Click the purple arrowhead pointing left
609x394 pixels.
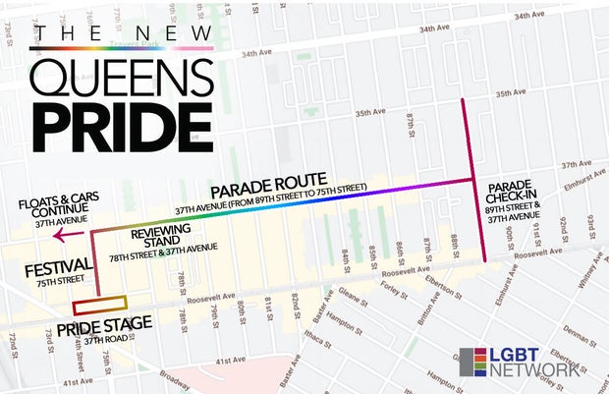coord(59,235)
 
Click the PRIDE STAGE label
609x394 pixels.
coord(105,325)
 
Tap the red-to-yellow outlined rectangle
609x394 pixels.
coord(99,305)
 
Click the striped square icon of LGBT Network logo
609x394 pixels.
coord(472,362)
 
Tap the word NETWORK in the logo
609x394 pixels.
coord(537,370)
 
